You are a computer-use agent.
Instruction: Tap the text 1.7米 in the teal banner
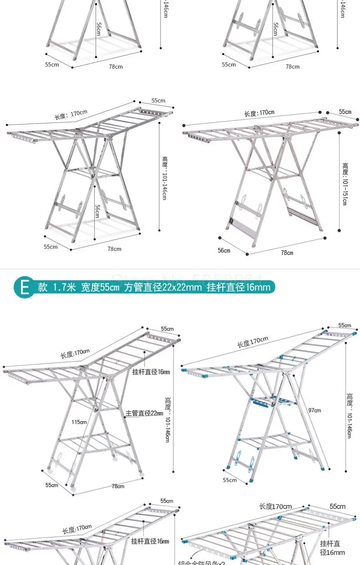(x=64, y=287)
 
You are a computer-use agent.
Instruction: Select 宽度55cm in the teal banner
(x=100, y=287)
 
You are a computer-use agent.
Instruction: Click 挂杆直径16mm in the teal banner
(x=238, y=287)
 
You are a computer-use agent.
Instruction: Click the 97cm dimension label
(x=314, y=410)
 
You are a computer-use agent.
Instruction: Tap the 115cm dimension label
(x=79, y=422)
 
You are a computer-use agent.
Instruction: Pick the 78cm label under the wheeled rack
(x=118, y=486)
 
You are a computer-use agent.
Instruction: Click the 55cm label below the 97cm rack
(x=230, y=480)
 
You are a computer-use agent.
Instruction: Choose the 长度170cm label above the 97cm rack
(x=252, y=341)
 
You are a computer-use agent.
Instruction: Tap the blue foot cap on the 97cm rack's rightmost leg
(x=324, y=467)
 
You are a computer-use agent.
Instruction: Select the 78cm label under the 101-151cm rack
(x=287, y=252)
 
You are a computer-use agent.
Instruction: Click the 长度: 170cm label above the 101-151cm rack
(x=259, y=113)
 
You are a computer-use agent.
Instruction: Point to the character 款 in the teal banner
(x=43, y=287)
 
